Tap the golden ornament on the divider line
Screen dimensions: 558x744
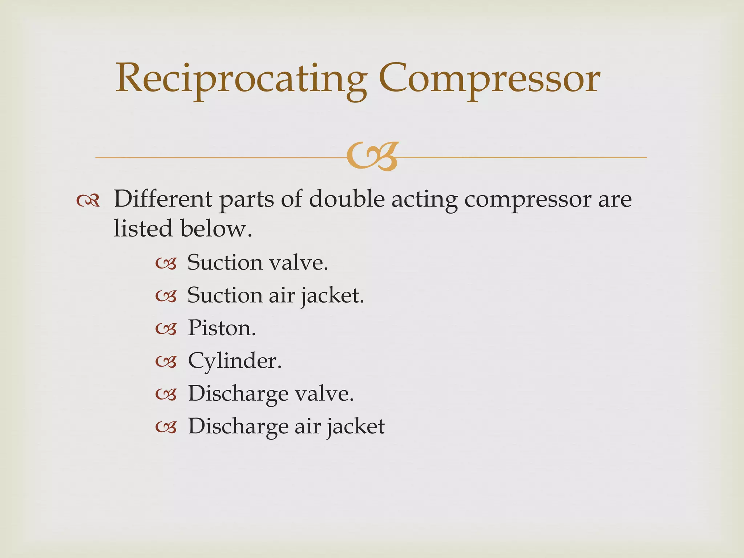372,157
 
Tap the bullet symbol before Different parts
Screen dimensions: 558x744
88,201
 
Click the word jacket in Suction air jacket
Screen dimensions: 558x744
332,296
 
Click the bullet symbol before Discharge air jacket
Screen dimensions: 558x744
166,428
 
